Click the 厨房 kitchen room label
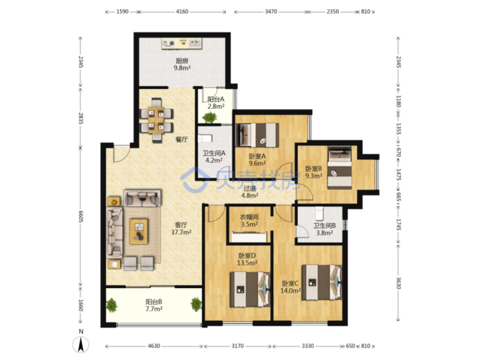point(182,61)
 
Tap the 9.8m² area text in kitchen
point(182,68)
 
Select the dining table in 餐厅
point(156,120)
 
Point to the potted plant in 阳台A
point(210,117)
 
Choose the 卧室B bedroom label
point(314,169)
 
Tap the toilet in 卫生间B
point(320,213)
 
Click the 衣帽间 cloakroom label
point(249,217)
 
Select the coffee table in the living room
point(139,231)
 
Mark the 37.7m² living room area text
point(181,232)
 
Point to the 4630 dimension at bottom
point(154,346)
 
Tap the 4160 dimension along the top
point(182,12)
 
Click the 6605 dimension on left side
point(81,217)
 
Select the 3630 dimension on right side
point(398,283)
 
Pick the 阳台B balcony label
point(154,302)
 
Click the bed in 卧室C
point(322,282)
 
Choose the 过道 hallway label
point(250,188)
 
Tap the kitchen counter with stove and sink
point(182,43)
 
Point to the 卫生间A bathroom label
point(214,152)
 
